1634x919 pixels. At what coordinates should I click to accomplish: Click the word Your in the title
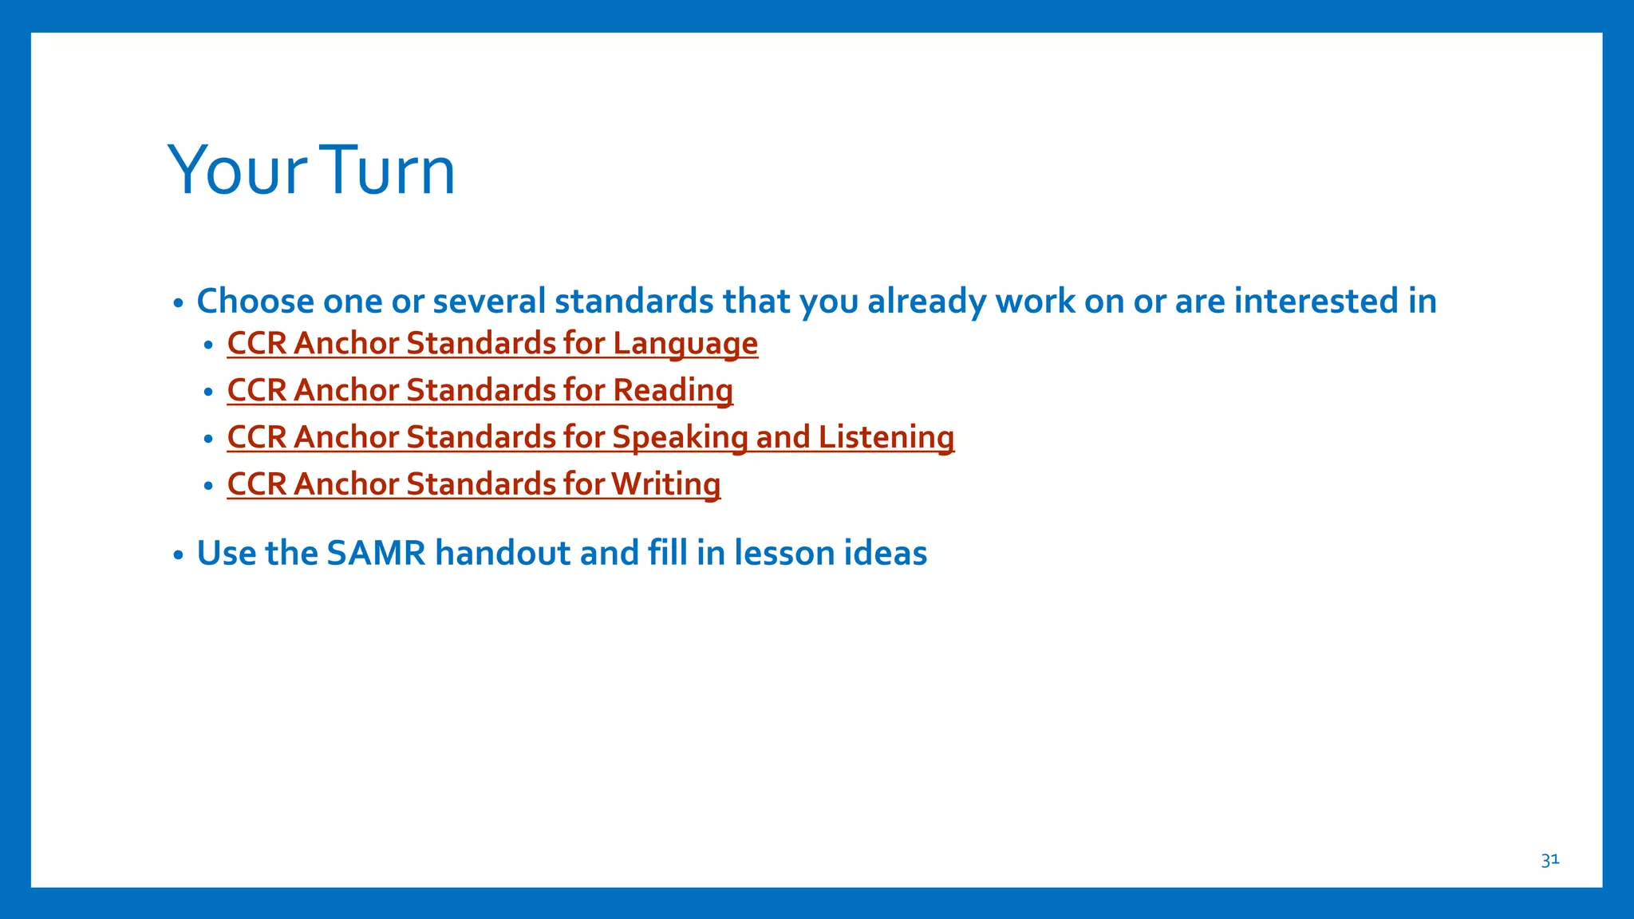tap(237, 170)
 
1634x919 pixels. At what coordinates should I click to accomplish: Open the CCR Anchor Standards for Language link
tap(492, 344)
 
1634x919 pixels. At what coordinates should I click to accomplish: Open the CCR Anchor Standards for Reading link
tap(480, 391)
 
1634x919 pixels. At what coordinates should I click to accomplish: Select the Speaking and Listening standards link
tap(590, 438)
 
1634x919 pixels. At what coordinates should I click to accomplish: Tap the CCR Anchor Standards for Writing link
tap(473, 484)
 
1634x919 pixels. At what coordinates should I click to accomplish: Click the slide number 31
tap(1549, 860)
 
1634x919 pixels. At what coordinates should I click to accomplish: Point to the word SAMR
tap(376, 554)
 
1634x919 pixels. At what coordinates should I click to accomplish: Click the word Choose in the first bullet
tap(255, 302)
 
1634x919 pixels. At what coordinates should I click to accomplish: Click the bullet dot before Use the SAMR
tap(179, 555)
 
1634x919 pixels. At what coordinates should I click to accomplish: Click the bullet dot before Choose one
tap(179, 303)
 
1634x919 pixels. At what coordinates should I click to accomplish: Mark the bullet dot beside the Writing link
tap(208, 486)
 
